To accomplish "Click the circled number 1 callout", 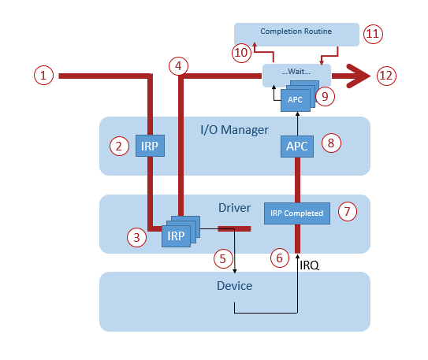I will (x=44, y=76).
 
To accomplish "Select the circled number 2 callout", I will (x=119, y=145).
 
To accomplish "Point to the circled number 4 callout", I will (x=180, y=66).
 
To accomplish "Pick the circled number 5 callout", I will (x=223, y=257).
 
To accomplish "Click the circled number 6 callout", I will (x=278, y=257).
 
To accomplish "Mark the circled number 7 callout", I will (x=348, y=211).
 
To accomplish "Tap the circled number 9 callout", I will (x=323, y=95).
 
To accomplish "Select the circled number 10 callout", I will (x=241, y=53).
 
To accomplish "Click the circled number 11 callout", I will (x=372, y=34).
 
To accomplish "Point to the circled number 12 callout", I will (x=386, y=76).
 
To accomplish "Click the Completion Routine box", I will (x=296, y=32).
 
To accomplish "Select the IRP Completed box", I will (x=297, y=213).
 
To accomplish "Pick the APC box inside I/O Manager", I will (x=296, y=147).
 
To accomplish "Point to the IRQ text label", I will (x=310, y=265).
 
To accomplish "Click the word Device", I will (x=234, y=285).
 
